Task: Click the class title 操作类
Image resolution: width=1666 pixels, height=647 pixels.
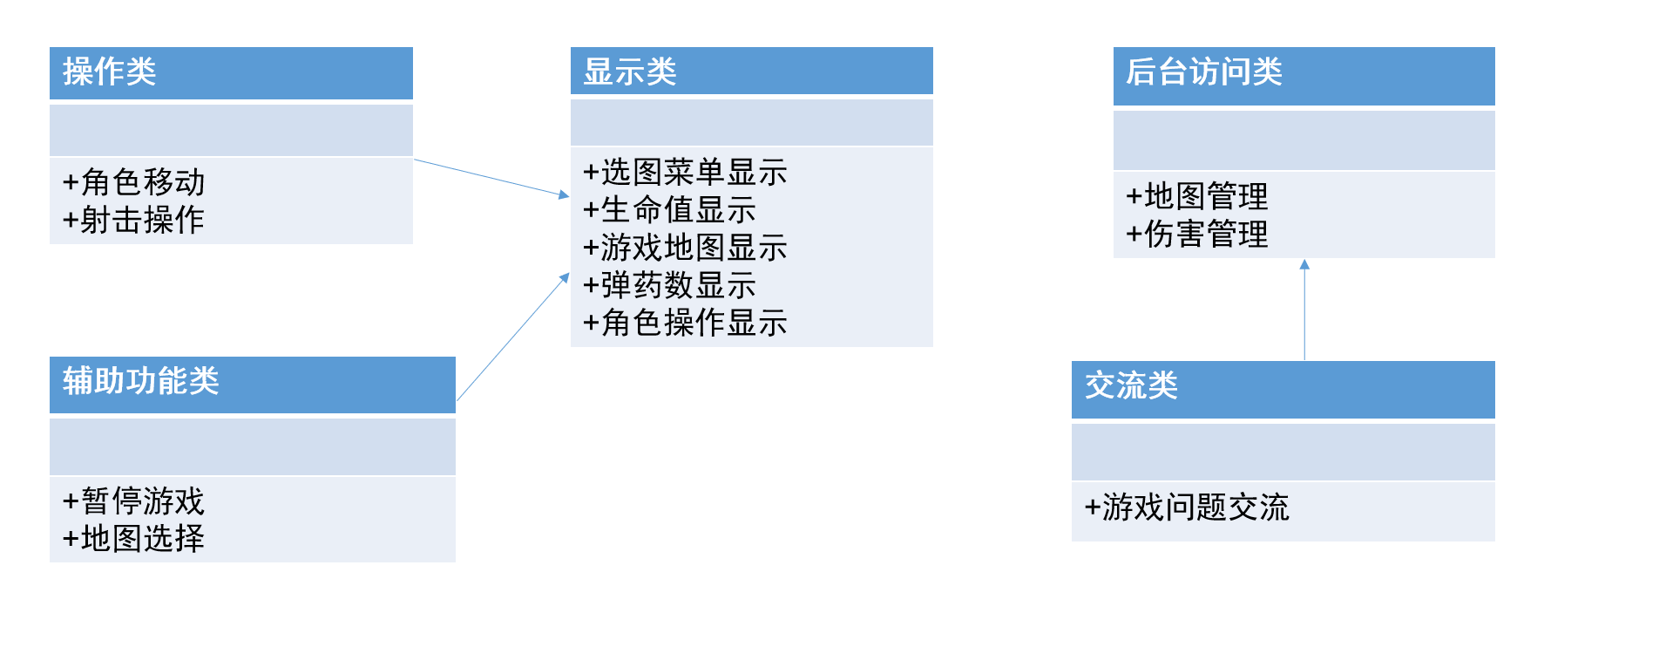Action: pos(110,72)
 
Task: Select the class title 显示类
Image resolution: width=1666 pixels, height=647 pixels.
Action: pos(630,72)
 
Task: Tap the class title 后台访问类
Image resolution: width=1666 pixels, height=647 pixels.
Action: pos(1203,72)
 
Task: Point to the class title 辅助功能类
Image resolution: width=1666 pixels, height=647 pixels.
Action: pos(140,381)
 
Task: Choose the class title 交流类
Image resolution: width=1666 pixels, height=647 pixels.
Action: pos(1131,385)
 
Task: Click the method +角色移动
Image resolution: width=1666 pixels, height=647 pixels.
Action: pos(133,182)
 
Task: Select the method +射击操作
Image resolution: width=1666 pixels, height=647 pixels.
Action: pos(133,220)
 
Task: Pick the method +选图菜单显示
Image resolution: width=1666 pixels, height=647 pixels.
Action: pos(685,173)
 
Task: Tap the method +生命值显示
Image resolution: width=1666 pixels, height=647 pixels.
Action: pos(669,210)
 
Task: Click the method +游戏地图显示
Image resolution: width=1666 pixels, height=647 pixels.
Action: pos(685,248)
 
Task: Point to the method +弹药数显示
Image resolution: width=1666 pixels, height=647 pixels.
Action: pos(669,285)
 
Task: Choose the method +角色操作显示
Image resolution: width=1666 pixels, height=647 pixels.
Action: pos(685,323)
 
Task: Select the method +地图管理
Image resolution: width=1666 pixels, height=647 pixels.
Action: pos(1196,196)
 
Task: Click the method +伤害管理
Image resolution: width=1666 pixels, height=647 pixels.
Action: pos(1196,234)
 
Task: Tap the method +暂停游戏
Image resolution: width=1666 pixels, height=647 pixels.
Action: pos(133,501)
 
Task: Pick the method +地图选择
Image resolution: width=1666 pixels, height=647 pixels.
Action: pos(133,539)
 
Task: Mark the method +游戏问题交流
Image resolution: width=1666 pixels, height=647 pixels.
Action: pos(1186,507)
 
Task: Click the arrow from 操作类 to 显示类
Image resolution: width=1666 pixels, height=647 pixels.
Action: pos(491,178)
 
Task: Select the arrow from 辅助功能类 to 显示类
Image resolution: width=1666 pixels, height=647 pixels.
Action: pos(512,337)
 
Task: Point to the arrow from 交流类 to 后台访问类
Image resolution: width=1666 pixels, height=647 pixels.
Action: pos(1304,310)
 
